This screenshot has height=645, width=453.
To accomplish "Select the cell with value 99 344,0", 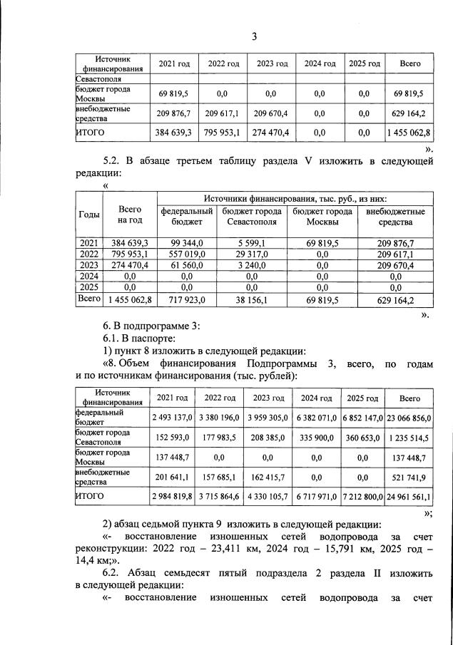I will (187, 244).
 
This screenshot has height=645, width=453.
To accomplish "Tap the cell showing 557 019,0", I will (187, 255).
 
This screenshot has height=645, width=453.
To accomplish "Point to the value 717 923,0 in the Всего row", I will (187, 301).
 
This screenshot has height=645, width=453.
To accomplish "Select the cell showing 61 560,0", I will (187, 267).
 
